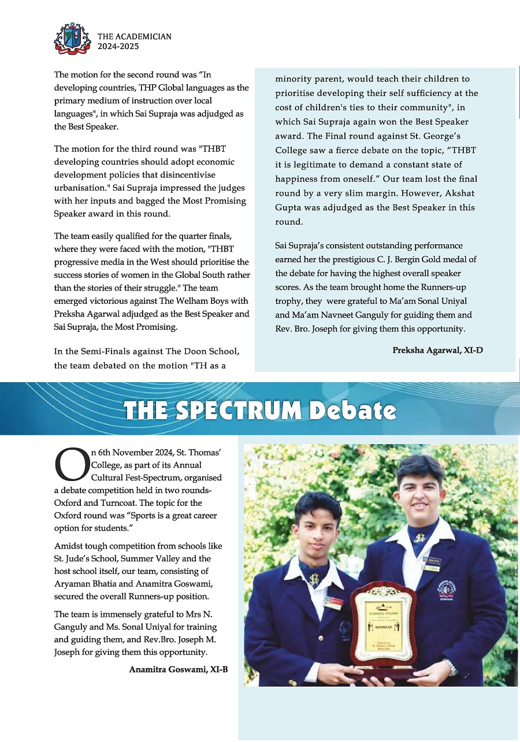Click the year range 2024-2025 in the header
pos(118,47)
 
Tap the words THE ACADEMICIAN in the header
pos(134,36)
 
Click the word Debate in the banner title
pos(352,410)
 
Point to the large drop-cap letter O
pos(71,466)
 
